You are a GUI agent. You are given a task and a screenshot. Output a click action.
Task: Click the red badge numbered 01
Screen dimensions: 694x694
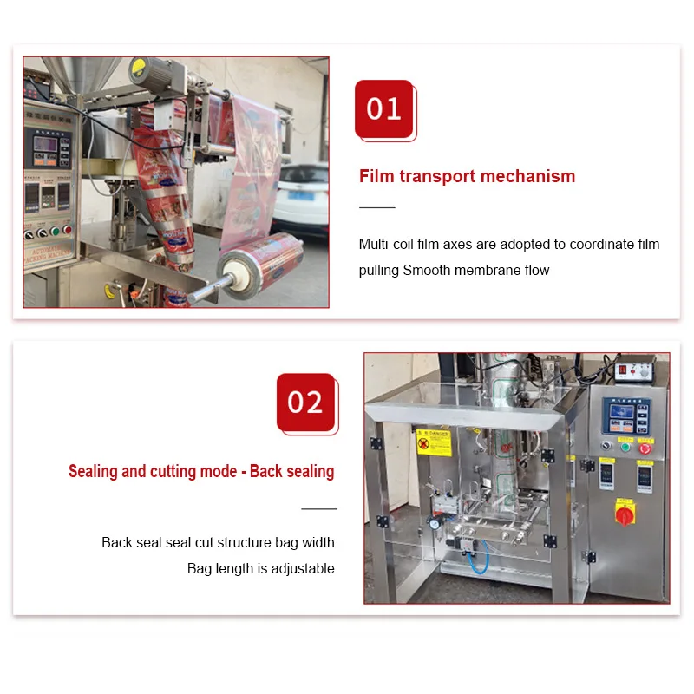click(x=383, y=108)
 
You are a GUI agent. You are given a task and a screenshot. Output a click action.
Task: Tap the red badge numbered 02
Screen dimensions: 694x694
click(x=305, y=402)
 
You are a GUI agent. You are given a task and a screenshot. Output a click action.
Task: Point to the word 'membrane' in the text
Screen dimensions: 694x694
click(x=492, y=270)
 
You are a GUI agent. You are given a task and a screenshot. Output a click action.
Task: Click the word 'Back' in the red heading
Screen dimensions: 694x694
click(x=265, y=471)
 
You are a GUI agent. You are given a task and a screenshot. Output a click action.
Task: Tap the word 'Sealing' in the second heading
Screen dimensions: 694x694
click(x=94, y=471)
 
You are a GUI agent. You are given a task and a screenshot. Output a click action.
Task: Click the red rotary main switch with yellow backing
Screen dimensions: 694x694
click(x=623, y=513)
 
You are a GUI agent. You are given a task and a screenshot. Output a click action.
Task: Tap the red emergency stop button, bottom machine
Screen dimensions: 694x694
click(x=645, y=448)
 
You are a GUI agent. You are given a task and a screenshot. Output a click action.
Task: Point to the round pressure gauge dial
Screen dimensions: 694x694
click(x=433, y=523)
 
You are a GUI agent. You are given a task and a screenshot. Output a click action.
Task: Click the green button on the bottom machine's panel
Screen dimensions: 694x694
click(x=624, y=448)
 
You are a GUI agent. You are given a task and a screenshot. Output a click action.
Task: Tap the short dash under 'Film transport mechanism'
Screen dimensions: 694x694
click(x=376, y=207)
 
